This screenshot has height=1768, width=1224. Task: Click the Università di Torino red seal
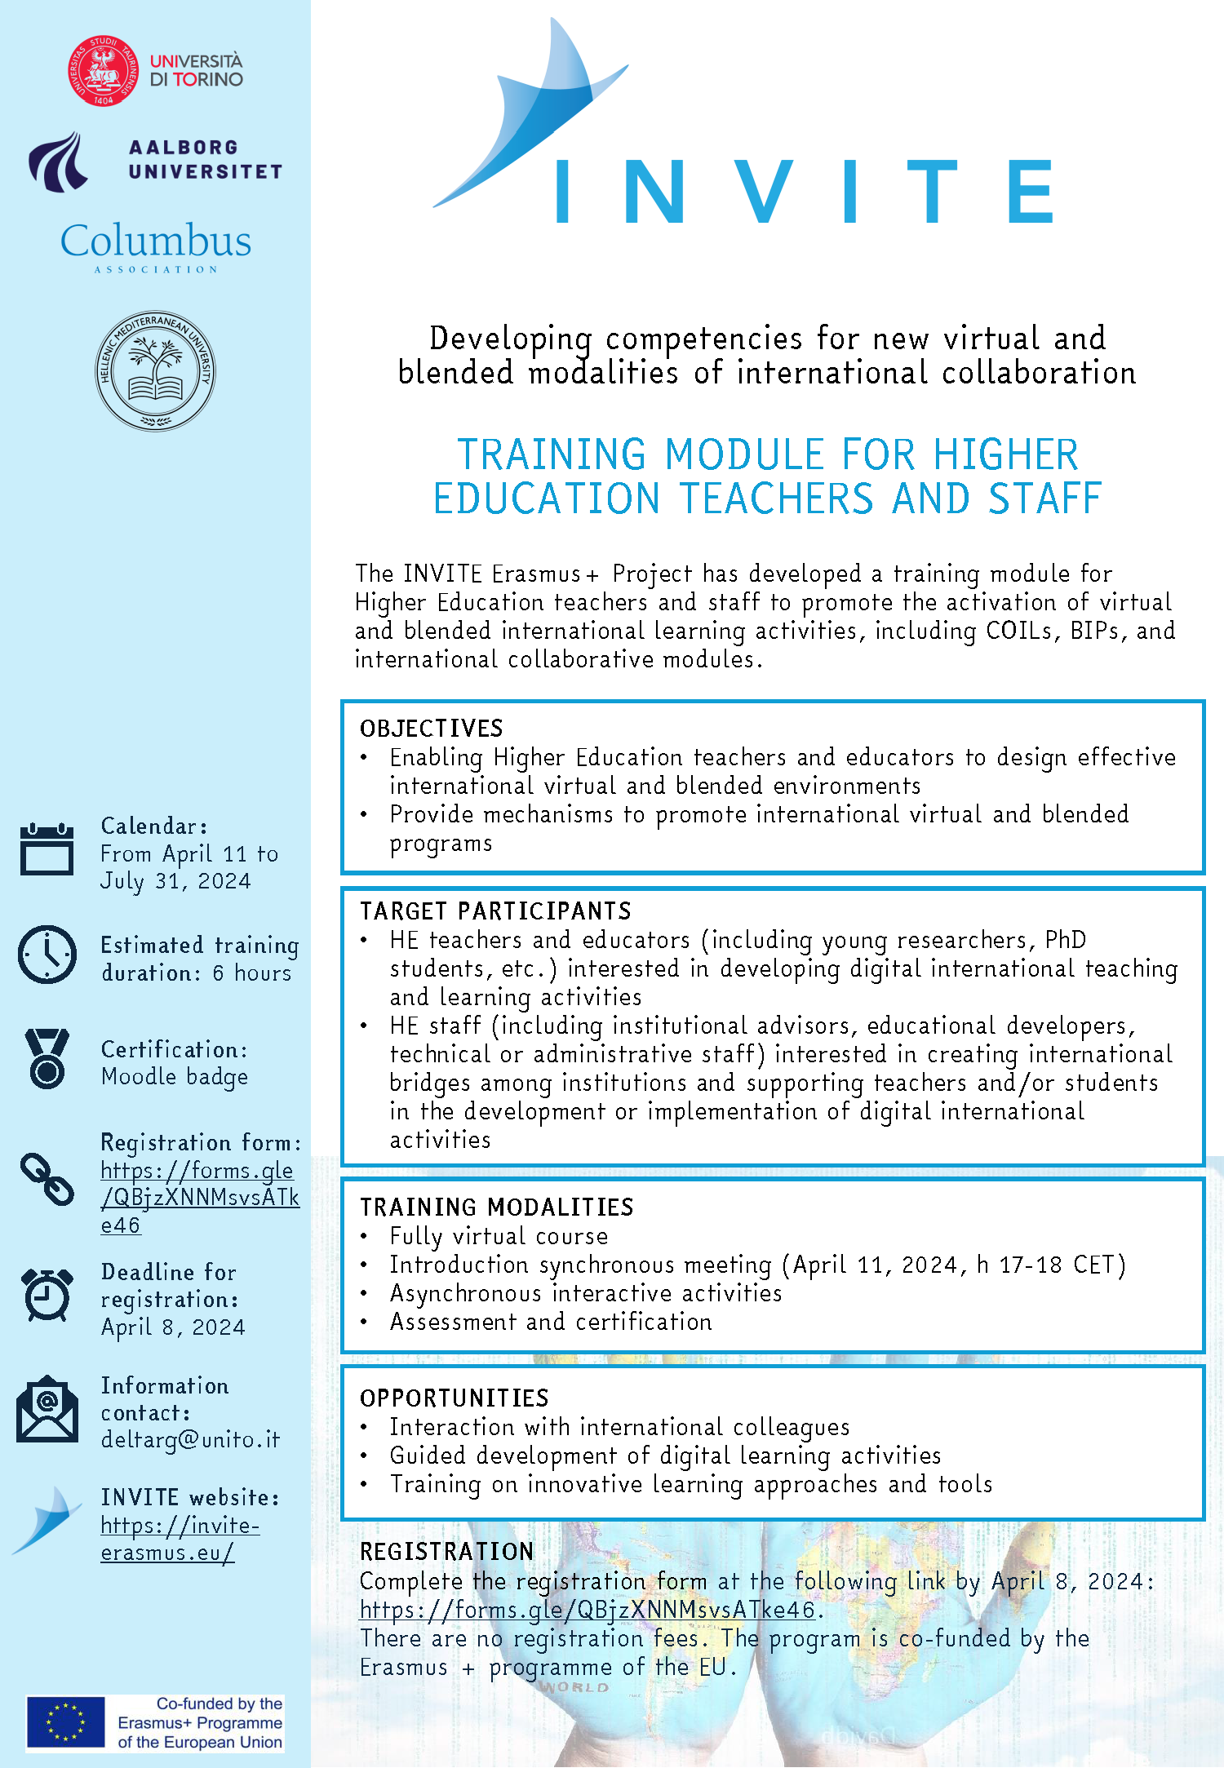(102, 71)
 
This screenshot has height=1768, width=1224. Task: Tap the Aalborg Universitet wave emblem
(58, 162)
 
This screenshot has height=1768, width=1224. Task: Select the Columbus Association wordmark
(156, 241)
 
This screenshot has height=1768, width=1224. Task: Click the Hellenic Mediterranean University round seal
(155, 371)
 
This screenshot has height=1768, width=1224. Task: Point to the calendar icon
(47, 849)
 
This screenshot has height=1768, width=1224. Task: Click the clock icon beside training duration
(47, 955)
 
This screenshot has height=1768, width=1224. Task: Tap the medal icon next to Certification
(47, 1058)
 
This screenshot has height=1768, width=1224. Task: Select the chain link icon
(47, 1179)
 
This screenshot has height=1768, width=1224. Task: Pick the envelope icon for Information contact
(47, 1409)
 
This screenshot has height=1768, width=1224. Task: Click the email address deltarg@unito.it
(190, 1439)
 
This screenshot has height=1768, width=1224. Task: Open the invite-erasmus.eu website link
(180, 1539)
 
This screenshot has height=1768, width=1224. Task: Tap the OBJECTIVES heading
(432, 728)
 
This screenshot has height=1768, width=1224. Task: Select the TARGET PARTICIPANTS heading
(496, 911)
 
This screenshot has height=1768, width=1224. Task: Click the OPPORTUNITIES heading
(455, 1398)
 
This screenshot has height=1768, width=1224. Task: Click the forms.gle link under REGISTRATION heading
(588, 1610)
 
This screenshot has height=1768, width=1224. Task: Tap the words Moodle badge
(175, 1077)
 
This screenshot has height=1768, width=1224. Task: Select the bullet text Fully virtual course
(499, 1236)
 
